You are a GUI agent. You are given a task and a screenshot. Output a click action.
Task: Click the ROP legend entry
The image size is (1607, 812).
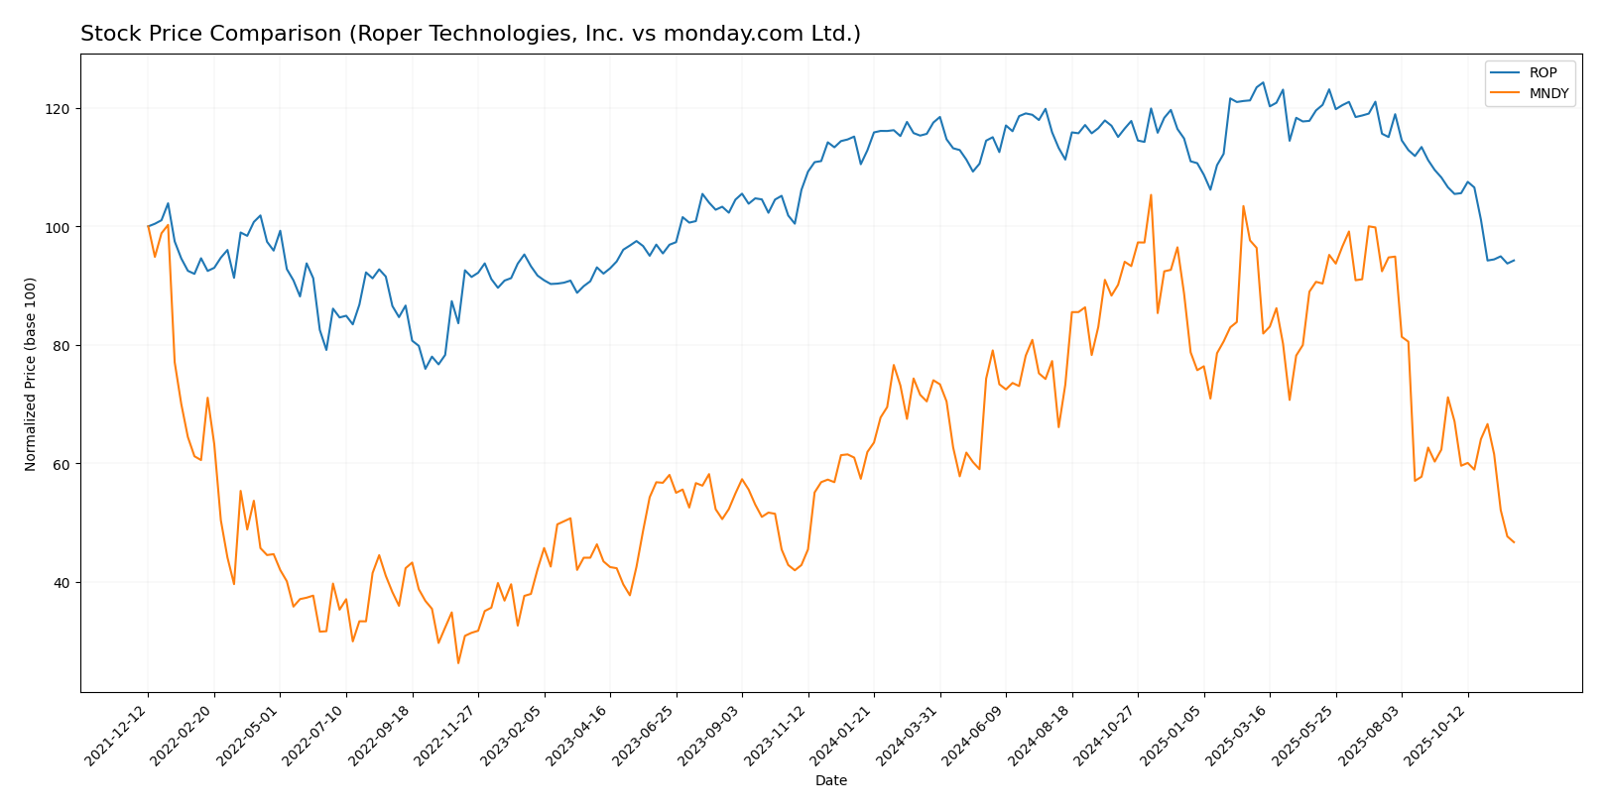coord(1543,72)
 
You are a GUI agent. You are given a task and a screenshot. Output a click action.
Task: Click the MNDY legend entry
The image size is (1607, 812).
coord(1548,94)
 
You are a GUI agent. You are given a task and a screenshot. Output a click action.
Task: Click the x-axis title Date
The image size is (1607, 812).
coord(830,781)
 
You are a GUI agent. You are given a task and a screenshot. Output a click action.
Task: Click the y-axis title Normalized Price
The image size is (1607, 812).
coord(31,373)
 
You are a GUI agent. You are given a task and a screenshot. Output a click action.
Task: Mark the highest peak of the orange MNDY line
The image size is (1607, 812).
coord(1151,195)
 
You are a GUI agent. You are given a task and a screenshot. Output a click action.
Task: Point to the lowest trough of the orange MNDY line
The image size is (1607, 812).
coord(458,662)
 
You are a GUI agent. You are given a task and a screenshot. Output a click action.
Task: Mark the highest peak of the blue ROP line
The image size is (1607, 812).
coord(1263,82)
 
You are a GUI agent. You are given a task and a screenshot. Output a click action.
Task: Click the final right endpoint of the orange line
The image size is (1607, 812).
coord(1514,542)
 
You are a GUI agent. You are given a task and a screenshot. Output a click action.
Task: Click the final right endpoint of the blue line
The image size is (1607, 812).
coord(1514,260)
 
